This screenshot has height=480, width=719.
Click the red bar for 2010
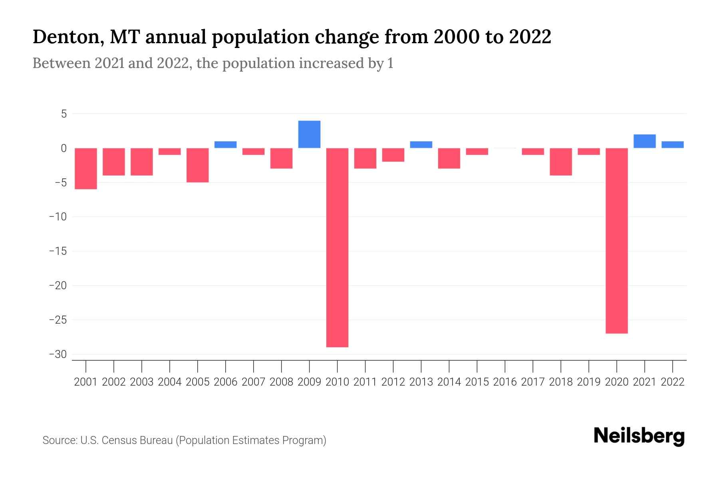[x=337, y=247]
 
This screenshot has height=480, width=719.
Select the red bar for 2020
[x=617, y=240]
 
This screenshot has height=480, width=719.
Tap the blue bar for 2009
[x=309, y=134]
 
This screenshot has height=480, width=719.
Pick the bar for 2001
[x=86, y=168]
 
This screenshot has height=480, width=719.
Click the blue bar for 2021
[x=645, y=141]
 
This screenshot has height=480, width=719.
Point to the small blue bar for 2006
[x=225, y=145]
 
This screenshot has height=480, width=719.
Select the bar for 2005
[x=198, y=165]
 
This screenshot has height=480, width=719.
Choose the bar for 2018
[x=561, y=162]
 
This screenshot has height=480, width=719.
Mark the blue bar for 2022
[x=673, y=145]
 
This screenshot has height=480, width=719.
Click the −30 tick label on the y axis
[x=58, y=354]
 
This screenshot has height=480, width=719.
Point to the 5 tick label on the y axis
[x=64, y=114]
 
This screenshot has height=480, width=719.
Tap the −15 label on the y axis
[x=58, y=251]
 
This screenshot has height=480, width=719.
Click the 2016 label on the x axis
[x=505, y=382]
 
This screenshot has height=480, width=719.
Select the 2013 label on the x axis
[x=421, y=382]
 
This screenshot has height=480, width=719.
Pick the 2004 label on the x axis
[x=170, y=382]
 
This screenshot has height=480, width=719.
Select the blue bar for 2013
[x=421, y=145]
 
